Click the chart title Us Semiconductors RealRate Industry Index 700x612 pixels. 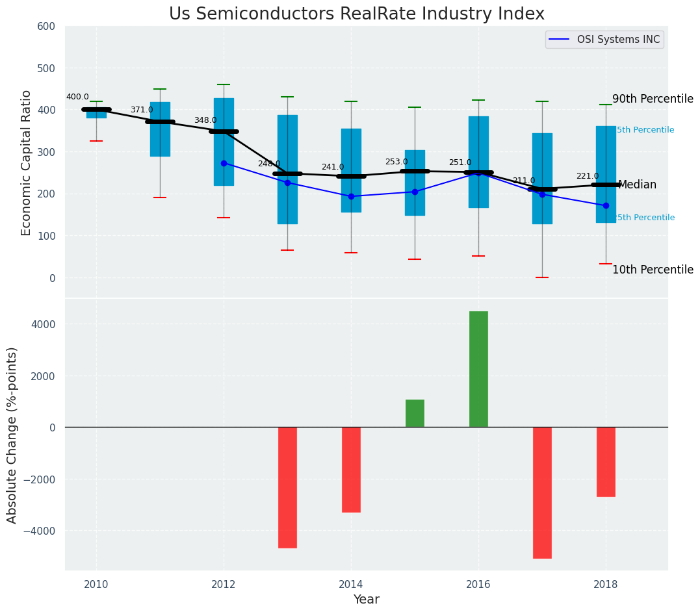pyautogui.click(x=356, y=14)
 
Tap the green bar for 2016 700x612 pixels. pyautogui.click(x=478, y=369)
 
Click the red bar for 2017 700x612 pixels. pyautogui.click(x=542, y=492)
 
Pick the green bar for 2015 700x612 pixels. pyautogui.click(x=415, y=413)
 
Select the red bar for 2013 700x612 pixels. pyautogui.click(x=287, y=487)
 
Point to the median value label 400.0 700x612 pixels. pyautogui.click(x=77, y=97)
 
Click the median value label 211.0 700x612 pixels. pyautogui.click(x=523, y=181)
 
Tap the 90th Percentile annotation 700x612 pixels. pyautogui.click(x=653, y=99)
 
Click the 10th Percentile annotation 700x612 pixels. pyautogui.click(x=653, y=270)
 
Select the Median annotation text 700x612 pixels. pyautogui.click(x=637, y=185)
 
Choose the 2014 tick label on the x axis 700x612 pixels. pyautogui.click(x=351, y=583)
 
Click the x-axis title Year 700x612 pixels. pyautogui.click(x=366, y=600)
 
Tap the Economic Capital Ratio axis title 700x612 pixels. pyautogui.click(x=27, y=162)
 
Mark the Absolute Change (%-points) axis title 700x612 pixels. pyautogui.click(x=12, y=435)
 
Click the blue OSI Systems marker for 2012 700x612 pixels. pyautogui.click(x=224, y=163)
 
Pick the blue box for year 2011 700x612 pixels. pyautogui.click(x=160, y=156)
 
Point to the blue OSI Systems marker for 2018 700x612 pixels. pyautogui.click(x=606, y=205)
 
